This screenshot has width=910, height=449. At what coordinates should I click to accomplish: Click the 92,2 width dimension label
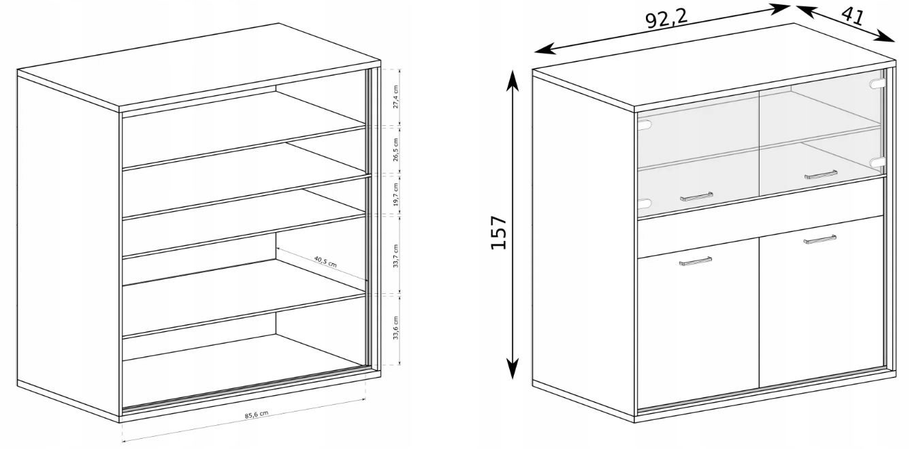coord(666,19)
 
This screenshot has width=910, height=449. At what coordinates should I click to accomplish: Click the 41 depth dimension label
coord(853,16)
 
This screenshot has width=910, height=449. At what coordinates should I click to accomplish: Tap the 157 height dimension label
coord(499,233)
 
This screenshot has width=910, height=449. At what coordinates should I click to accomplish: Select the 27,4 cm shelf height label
coord(396,97)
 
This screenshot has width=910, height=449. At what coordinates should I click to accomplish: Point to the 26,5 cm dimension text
coord(396,150)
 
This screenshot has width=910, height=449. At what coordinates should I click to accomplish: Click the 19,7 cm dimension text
coord(396,195)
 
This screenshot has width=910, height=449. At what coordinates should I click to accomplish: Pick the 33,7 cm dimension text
coord(396,256)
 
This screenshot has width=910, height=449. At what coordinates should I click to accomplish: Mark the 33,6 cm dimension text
coord(396,327)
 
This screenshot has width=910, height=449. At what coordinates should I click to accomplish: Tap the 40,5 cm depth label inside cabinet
coord(325,261)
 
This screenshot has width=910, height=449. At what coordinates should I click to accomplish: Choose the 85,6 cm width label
coord(257,414)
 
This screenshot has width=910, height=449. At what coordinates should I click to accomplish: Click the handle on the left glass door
coord(696,197)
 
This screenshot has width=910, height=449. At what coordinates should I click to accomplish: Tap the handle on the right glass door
coord(821,175)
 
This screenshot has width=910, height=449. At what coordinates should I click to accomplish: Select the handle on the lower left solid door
coord(696,261)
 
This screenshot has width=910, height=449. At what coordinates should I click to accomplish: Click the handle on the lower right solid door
coord(819,239)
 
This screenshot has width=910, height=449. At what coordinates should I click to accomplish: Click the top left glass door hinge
coord(645,125)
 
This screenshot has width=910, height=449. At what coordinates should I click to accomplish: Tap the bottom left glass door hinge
coord(645,203)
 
